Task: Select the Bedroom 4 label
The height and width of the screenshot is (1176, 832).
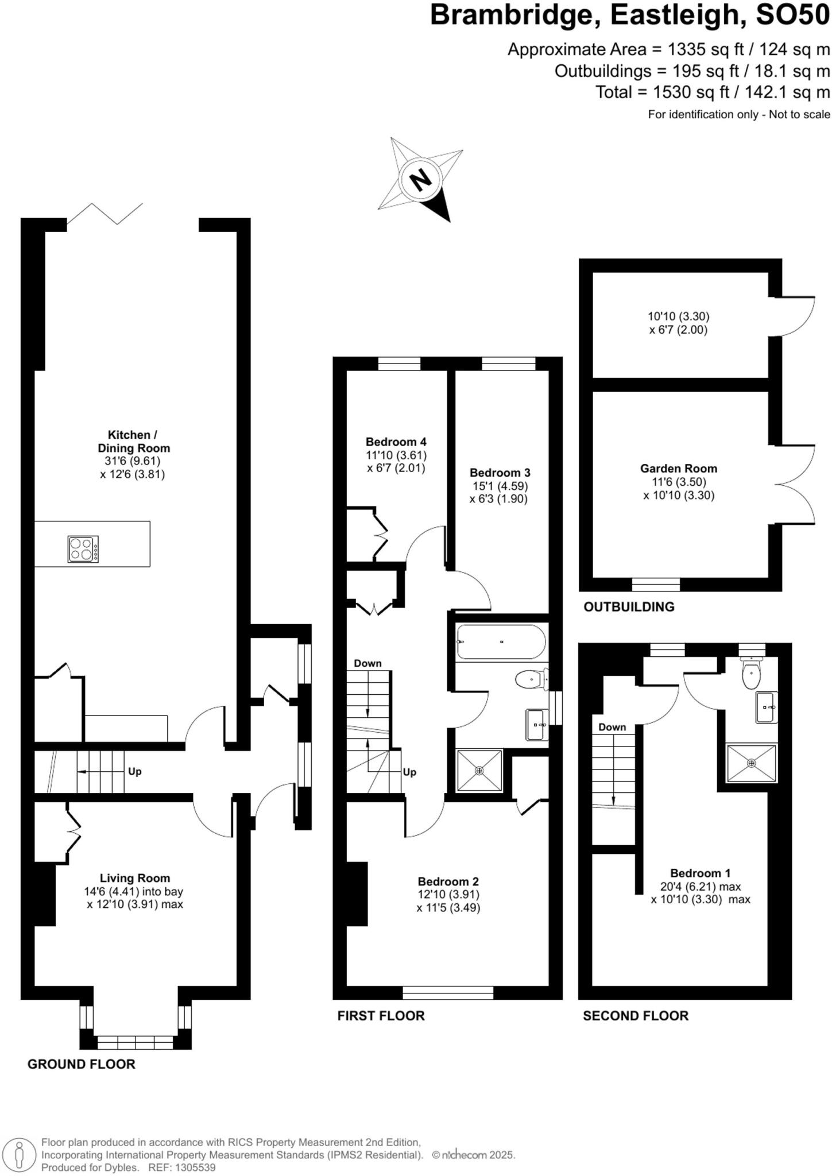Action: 396,442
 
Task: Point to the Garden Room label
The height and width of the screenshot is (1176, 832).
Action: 679,469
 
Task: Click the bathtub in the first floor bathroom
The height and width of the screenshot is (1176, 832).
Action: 501,641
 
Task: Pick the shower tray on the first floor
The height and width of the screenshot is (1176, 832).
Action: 479,770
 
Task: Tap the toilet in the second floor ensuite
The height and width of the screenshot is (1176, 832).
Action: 751,675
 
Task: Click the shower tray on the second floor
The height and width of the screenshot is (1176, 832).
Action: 751,763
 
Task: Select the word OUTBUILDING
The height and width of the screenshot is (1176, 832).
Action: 629,607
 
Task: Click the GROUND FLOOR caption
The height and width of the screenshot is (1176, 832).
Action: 82,1064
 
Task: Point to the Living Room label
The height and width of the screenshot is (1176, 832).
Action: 135,878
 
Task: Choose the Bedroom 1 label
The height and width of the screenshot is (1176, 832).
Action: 700,873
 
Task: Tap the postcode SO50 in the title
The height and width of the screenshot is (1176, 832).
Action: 793,16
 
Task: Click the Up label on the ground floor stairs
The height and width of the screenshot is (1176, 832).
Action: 134,771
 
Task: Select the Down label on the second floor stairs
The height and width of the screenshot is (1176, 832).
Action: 612,727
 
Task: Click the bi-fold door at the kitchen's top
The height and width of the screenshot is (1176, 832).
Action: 105,213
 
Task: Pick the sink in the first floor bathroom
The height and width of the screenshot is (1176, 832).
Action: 537,725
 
